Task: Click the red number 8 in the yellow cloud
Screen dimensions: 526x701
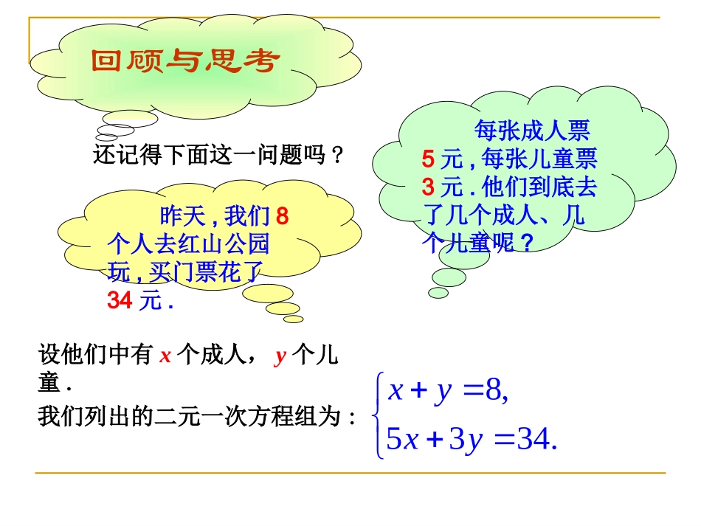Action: click(281, 217)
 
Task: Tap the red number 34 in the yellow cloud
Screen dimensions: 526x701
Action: click(120, 301)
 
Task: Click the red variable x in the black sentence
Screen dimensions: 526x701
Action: click(166, 356)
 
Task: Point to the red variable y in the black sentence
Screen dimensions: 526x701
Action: click(280, 357)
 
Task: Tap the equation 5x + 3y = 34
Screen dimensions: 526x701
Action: click(471, 440)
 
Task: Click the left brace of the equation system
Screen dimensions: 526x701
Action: click(379, 415)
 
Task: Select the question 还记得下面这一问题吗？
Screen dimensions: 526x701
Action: click(219, 156)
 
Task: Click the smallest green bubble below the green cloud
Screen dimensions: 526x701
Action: click(438, 293)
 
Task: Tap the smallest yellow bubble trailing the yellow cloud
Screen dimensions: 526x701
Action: click(294, 319)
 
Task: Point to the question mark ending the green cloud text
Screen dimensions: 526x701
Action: click(527, 243)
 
